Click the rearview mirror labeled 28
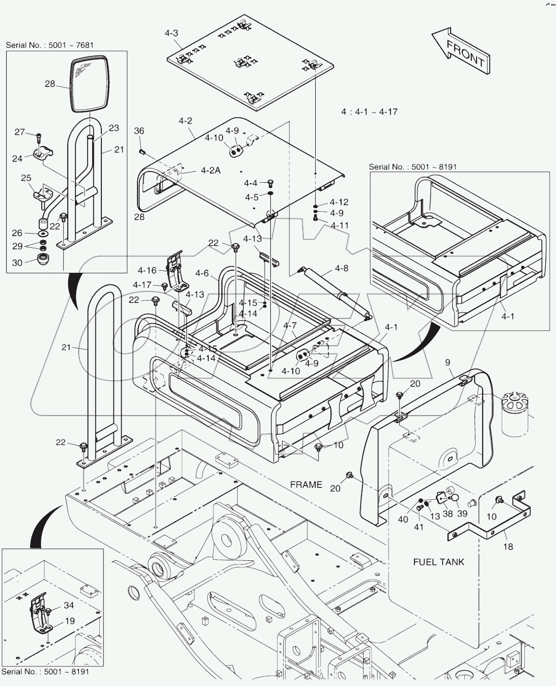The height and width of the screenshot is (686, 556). tap(90, 84)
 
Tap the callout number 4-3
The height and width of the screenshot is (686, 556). tap(172, 34)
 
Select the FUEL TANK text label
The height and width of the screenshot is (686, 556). tap(438, 562)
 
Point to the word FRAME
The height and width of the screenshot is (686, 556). tap(306, 484)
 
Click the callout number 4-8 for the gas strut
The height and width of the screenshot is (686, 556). tap(342, 268)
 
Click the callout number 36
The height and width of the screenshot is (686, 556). tap(139, 131)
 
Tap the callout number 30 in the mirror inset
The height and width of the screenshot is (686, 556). tap(17, 263)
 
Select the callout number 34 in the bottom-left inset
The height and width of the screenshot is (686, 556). tap(69, 605)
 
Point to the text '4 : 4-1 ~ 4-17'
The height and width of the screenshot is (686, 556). tap(369, 111)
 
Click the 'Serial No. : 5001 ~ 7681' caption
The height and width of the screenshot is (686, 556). tap(50, 45)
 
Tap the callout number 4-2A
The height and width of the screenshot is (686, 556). tap(210, 171)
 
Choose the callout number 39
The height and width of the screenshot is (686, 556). tap(462, 513)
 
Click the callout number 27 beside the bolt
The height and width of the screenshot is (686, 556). tap(19, 132)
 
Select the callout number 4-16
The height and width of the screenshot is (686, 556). tap(147, 271)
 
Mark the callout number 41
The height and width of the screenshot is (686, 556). tap(419, 527)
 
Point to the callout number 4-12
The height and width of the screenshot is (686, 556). tap(339, 202)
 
